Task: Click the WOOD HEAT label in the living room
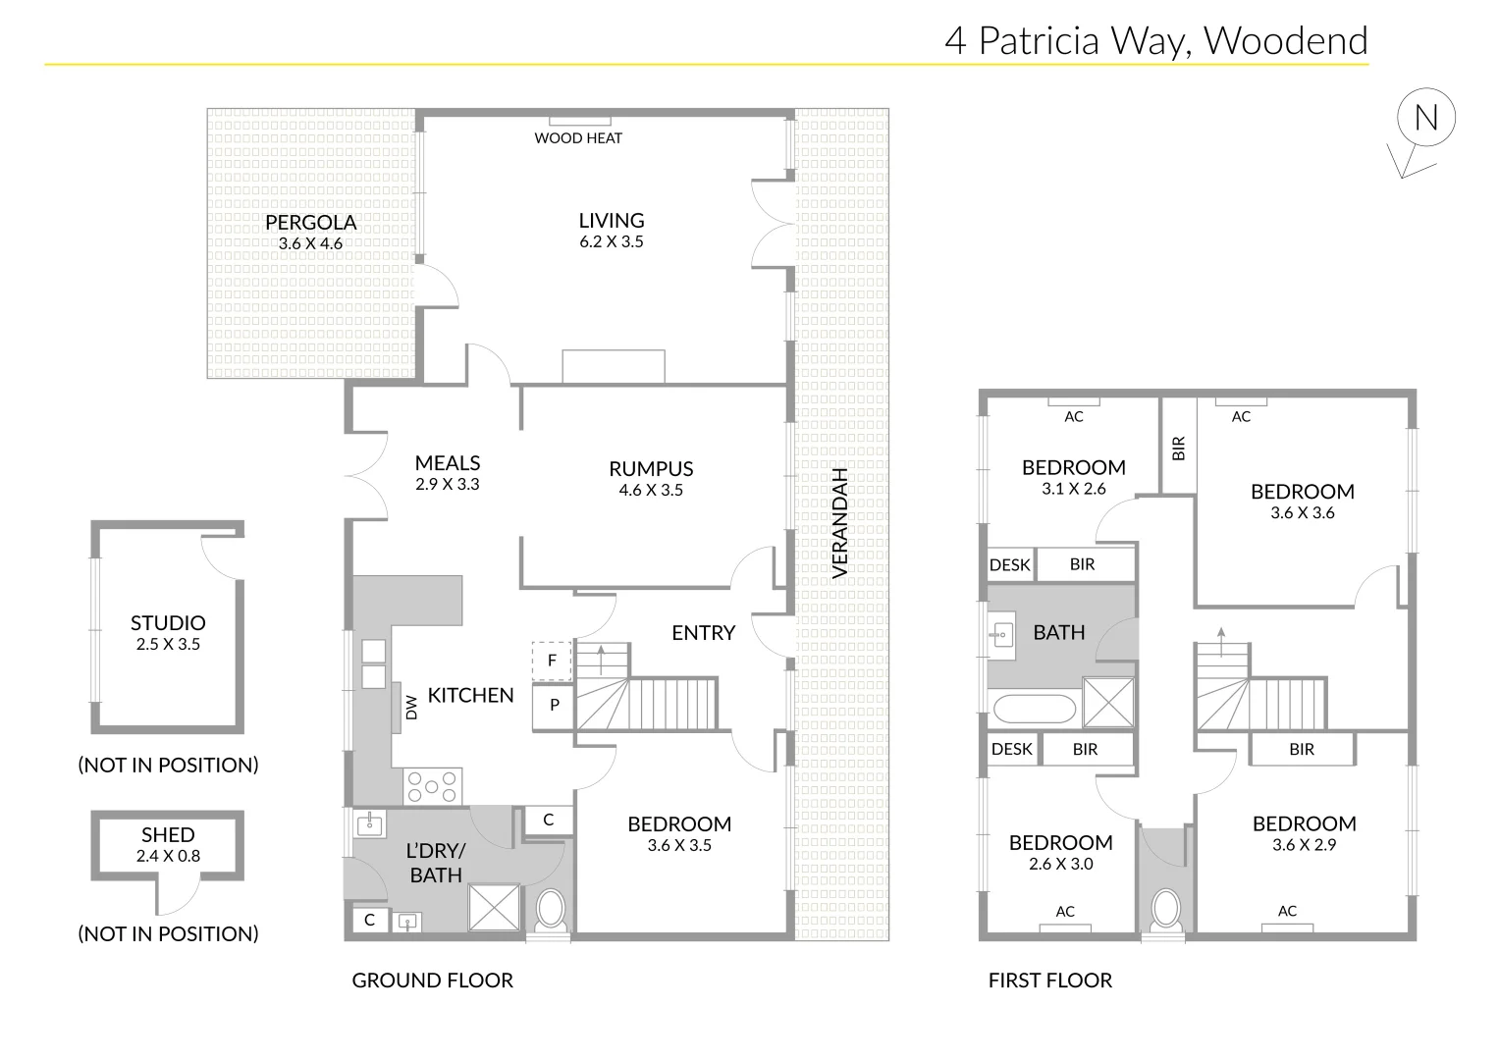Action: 578,138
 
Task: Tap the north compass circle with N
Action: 1425,118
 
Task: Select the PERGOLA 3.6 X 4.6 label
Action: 310,233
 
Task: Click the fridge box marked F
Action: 552,661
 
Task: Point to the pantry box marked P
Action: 554,705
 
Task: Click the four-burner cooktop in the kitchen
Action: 433,787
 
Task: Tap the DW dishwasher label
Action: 411,707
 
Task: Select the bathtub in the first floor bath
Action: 1035,709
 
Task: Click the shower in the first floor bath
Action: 1108,703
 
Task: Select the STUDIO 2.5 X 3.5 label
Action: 168,633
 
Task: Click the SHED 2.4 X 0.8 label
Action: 168,845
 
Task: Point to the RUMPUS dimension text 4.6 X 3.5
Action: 651,491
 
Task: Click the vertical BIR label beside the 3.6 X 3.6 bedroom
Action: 1179,449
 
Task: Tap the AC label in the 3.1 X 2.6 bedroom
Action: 1074,417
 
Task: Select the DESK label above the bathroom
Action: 1010,565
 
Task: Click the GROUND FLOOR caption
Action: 432,980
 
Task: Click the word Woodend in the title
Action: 1285,41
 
